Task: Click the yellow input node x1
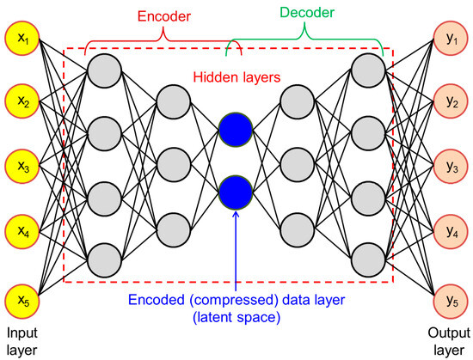[x=22, y=40]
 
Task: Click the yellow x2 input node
[x=22, y=104]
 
